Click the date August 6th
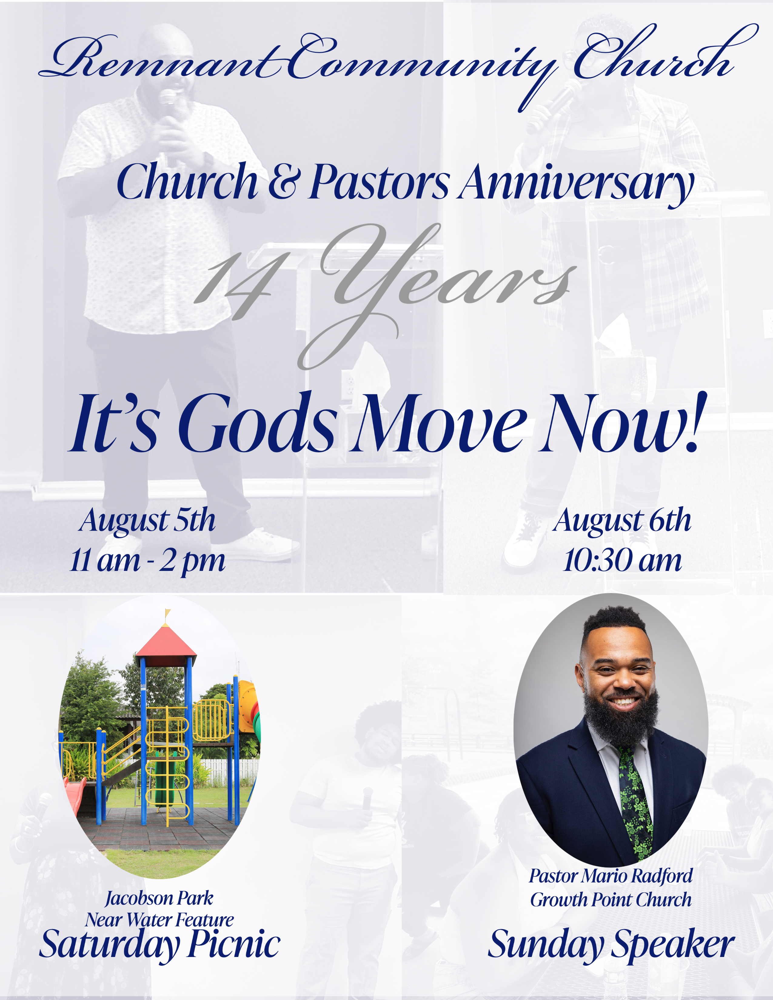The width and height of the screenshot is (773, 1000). click(x=622, y=521)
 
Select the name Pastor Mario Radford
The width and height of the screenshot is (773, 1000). click(x=611, y=876)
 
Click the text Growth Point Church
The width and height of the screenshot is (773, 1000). click(x=611, y=900)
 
